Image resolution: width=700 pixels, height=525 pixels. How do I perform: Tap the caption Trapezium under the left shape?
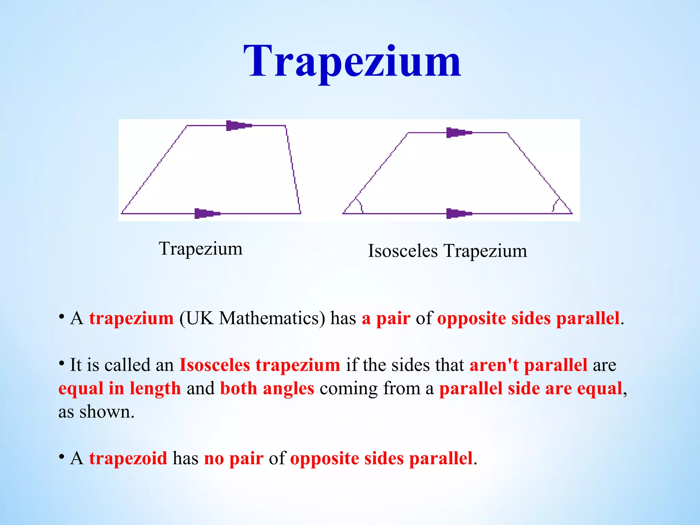pos(201,248)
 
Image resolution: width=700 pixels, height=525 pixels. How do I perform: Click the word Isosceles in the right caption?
pos(403,251)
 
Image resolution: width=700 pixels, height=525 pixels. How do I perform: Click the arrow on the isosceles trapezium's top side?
pos(458,133)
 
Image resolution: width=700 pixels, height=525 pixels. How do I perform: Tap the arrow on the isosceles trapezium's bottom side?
pos(458,214)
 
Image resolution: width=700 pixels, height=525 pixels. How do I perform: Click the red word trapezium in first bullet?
pos(131,318)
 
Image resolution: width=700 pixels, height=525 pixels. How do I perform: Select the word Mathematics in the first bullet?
pos(272,318)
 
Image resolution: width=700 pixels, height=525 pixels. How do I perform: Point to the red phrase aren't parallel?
pos(528,365)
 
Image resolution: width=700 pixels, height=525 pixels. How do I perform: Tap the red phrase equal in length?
pos(120,388)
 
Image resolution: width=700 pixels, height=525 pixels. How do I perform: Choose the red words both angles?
pos(267,388)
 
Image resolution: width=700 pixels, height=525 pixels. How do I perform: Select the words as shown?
pos(96,412)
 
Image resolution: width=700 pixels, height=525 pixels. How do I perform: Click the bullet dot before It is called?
pos(62,363)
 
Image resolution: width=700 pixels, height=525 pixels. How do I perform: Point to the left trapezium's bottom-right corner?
pos(300,213)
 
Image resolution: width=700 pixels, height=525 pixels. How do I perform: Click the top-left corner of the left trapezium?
pos(187,126)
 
